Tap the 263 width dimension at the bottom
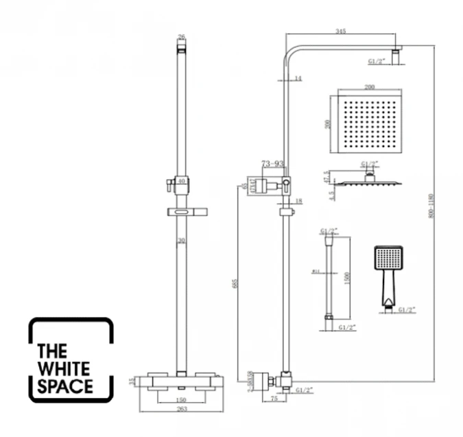click(180, 410)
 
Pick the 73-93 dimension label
click(273, 165)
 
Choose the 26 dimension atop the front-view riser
click(181, 37)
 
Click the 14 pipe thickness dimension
click(297, 80)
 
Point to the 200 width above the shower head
click(370, 88)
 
